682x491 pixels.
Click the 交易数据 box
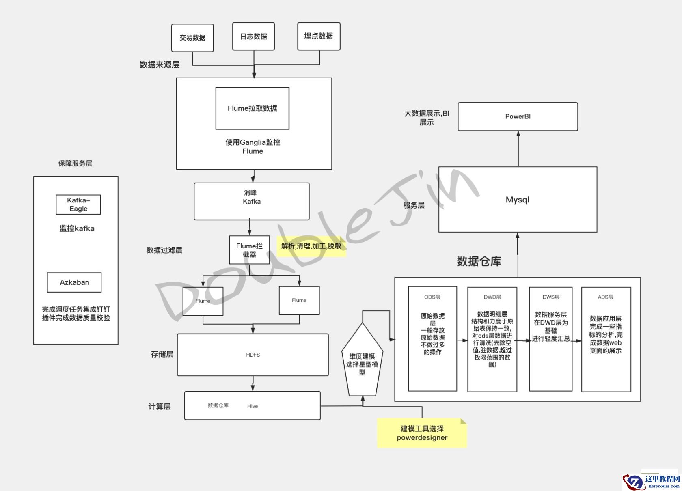tap(192, 38)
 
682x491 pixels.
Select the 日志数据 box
tap(253, 37)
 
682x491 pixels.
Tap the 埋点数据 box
tap(319, 37)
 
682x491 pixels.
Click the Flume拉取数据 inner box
tap(252, 108)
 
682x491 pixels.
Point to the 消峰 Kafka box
tap(252, 201)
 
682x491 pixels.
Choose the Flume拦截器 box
tap(249, 250)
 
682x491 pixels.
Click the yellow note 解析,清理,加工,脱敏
tap(311, 246)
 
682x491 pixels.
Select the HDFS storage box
tap(253, 355)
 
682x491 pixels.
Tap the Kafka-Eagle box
tap(78, 205)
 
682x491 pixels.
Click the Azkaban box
tap(74, 282)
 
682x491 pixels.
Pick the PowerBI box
tap(518, 116)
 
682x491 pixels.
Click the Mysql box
tap(518, 200)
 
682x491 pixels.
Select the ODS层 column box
tap(432, 339)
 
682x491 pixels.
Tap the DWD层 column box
tap(492, 339)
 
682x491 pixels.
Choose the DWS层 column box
tap(550, 339)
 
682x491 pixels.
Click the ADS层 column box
tap(606, 339)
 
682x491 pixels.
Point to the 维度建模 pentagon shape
tap(362, 361)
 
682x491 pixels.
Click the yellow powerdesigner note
tap(422, 433)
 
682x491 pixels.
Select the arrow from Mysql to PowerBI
tap(518, 149)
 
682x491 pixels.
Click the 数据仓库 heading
tap(479, 261)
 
